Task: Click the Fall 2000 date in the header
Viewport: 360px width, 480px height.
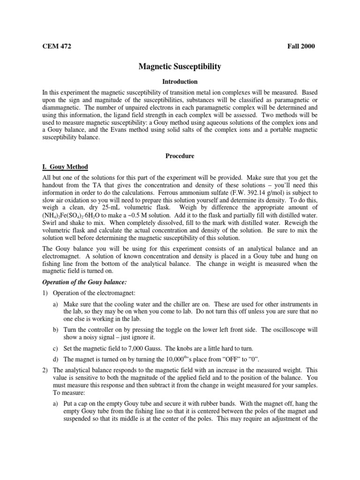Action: [301, 46]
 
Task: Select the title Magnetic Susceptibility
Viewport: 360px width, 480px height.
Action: [180, 67]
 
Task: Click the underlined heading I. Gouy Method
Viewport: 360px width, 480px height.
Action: [62, 167]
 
